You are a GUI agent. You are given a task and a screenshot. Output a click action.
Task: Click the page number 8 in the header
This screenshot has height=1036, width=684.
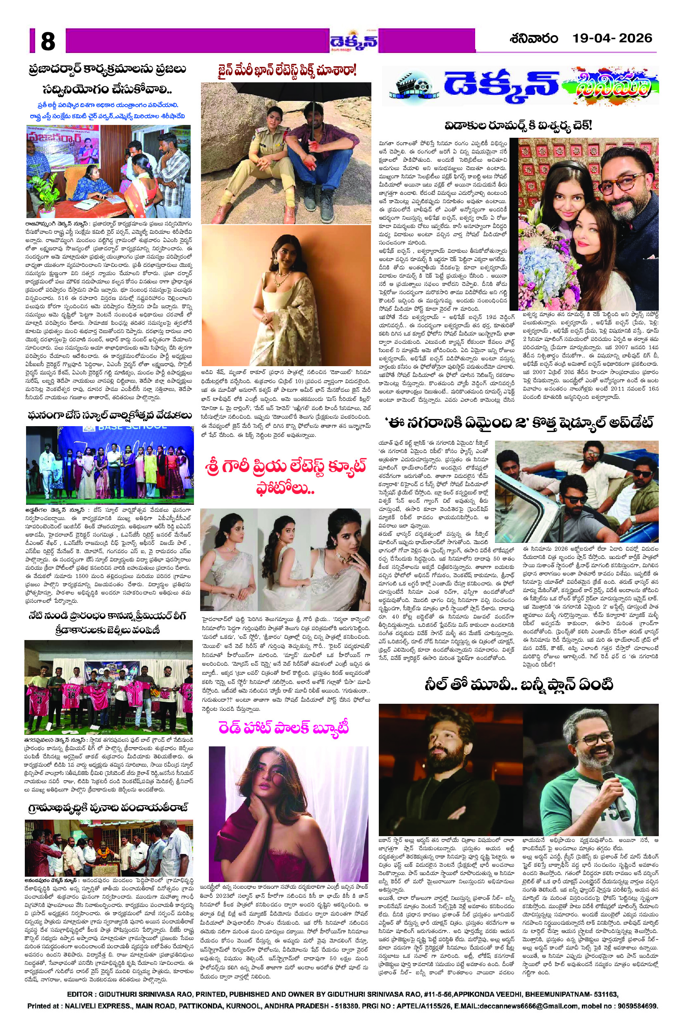point(48,42)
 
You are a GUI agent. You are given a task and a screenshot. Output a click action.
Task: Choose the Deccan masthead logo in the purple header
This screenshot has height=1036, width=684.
point(353,42)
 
